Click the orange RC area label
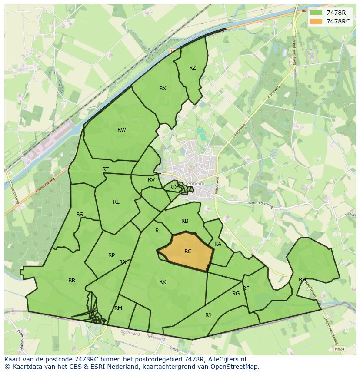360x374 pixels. click(x=188, y=251)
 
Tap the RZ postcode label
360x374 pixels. click(x=193, y=67)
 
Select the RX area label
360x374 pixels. click(x=163, y=88)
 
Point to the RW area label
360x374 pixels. click(x=122, y=129)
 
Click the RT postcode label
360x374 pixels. click(x=105, y=169)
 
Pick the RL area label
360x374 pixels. click(x=116, y=202)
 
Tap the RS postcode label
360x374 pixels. click(x=80, y=215)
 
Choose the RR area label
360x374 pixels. click(x=72, y=280)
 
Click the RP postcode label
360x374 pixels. click(x=112, y=255)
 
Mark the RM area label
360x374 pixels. click(x=118, y=308)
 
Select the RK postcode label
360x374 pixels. click(x=163, y=281)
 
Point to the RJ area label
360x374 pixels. click(x=208, y=315)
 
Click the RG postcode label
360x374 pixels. click(x=236, y=293)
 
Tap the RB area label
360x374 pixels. click(x=185, y=221)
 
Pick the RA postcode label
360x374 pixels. click(x=218, y=244)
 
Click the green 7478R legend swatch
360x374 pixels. click(x=316, y=13)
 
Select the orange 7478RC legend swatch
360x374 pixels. click(x=316, y=21)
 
